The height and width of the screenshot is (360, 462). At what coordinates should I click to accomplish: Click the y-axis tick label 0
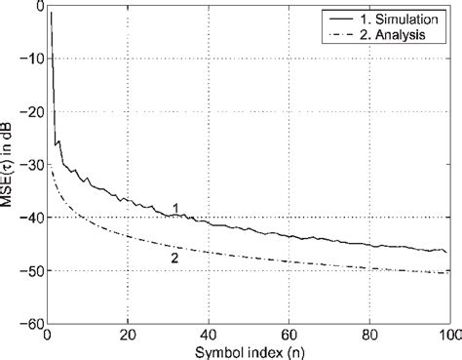37,7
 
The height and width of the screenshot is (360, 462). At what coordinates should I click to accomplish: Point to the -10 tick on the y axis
31,60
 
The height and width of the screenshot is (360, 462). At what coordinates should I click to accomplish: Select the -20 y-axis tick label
31,112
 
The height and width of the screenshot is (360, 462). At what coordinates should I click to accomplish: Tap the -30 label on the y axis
31,165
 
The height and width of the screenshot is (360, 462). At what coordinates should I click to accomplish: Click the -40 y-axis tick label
31,218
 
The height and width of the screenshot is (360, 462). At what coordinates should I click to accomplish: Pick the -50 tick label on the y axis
31,270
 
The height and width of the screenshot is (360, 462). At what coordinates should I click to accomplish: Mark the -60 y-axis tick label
31,323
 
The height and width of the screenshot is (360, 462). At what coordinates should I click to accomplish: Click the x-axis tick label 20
127,335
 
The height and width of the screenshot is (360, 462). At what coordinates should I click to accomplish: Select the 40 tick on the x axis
208,335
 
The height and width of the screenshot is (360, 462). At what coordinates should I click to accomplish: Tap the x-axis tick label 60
289,335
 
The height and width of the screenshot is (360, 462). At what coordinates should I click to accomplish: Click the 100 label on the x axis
447,335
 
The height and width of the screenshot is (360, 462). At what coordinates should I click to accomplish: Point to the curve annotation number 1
175,207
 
